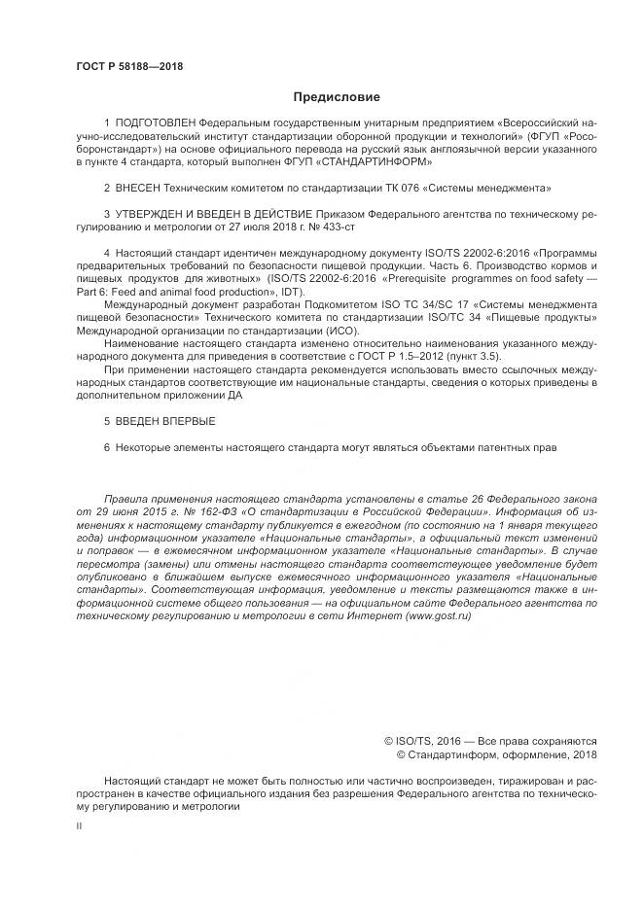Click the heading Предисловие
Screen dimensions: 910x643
coord(337,97)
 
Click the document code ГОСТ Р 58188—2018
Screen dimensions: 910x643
coord(129,66)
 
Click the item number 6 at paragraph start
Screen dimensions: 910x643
coord(107,446)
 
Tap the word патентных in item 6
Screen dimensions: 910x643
coord(504,446)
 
